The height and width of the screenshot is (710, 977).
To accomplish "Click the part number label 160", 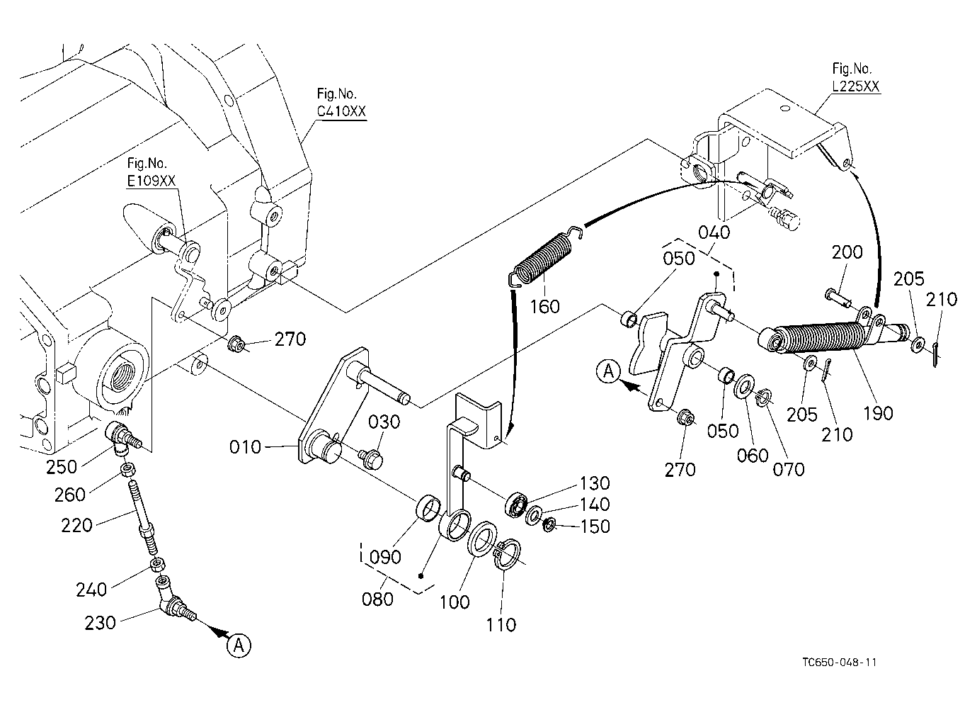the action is [544, 307].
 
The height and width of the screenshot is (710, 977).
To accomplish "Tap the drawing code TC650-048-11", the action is [840, 663].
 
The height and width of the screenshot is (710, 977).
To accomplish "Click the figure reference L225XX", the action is [856, 86].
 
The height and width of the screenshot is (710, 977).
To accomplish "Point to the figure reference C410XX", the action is [341, 111].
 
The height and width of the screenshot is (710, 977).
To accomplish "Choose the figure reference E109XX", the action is [151, 181].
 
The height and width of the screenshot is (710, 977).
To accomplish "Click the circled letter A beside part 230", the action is [239, 646].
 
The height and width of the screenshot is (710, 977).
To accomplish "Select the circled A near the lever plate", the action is [608, 371].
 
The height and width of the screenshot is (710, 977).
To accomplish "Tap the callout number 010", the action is [245, 447].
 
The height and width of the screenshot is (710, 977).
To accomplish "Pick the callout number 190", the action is [878, 413].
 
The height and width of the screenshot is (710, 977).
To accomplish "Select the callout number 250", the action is [62, 467].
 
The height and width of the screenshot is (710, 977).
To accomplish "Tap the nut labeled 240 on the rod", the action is [157, 565].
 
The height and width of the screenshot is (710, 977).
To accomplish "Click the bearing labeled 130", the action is [516, 506].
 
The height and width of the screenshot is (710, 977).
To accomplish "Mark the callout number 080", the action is [377, 599].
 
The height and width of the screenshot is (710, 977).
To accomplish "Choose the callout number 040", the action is [714, 232].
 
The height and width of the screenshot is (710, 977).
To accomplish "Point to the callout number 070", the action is [789, 469].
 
